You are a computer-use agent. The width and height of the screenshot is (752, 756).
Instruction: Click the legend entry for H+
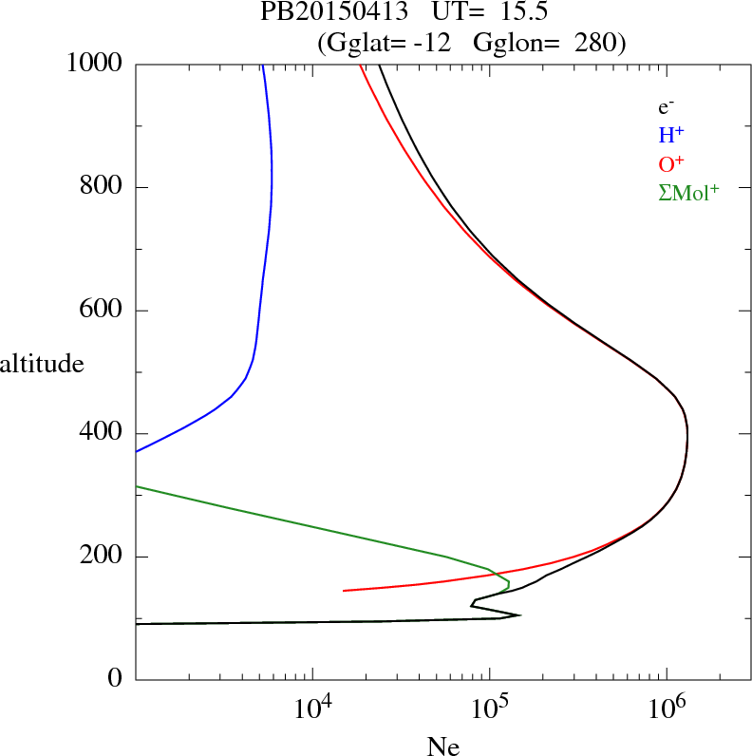click(x=670, y=135)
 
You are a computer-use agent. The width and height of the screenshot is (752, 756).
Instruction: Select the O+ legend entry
click(x=670, y=163)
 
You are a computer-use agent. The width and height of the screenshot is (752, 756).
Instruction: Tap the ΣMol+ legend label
click(x=688, y=192)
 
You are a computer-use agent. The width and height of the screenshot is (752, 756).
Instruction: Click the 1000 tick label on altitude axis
click(x=95, y=64)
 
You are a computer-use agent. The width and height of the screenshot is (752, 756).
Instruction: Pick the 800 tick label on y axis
click(x=101, y=187)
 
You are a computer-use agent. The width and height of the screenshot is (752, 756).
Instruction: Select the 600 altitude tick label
click(x=101, y=311)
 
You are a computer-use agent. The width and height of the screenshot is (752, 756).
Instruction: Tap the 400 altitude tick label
click(x=101, y=434)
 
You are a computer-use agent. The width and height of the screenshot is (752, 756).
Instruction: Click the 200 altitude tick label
click(x=101, y=557)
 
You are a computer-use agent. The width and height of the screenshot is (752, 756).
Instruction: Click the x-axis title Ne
click(x=443, y=747)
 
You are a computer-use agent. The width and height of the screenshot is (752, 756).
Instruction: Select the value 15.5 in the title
click(x=520, y=13)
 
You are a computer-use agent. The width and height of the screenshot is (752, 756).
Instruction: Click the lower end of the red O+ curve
click(x=344, y=591)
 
